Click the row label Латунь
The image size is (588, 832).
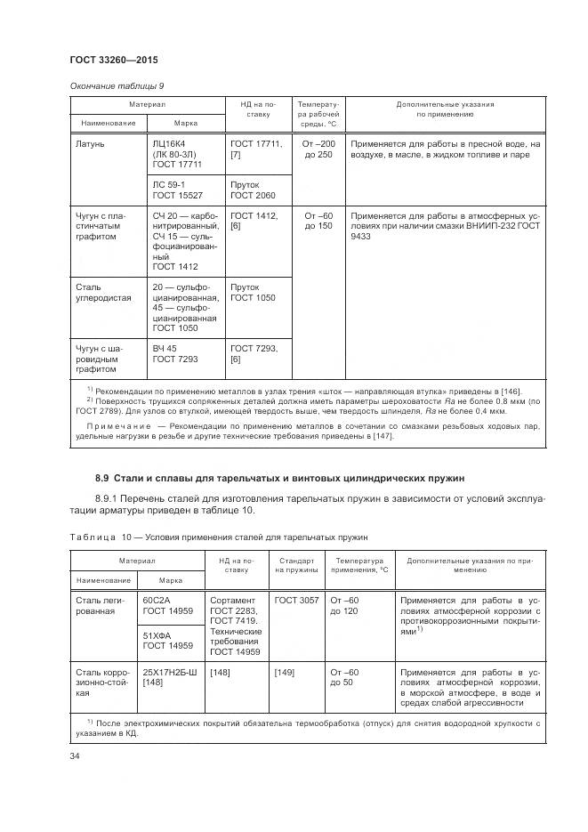coord(91,142)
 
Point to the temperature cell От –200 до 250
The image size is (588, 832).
coord(318,149)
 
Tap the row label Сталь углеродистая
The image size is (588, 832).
coord(100,294)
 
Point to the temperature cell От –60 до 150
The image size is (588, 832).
coord(318,221)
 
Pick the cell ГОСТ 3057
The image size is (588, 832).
coord(296,601)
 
